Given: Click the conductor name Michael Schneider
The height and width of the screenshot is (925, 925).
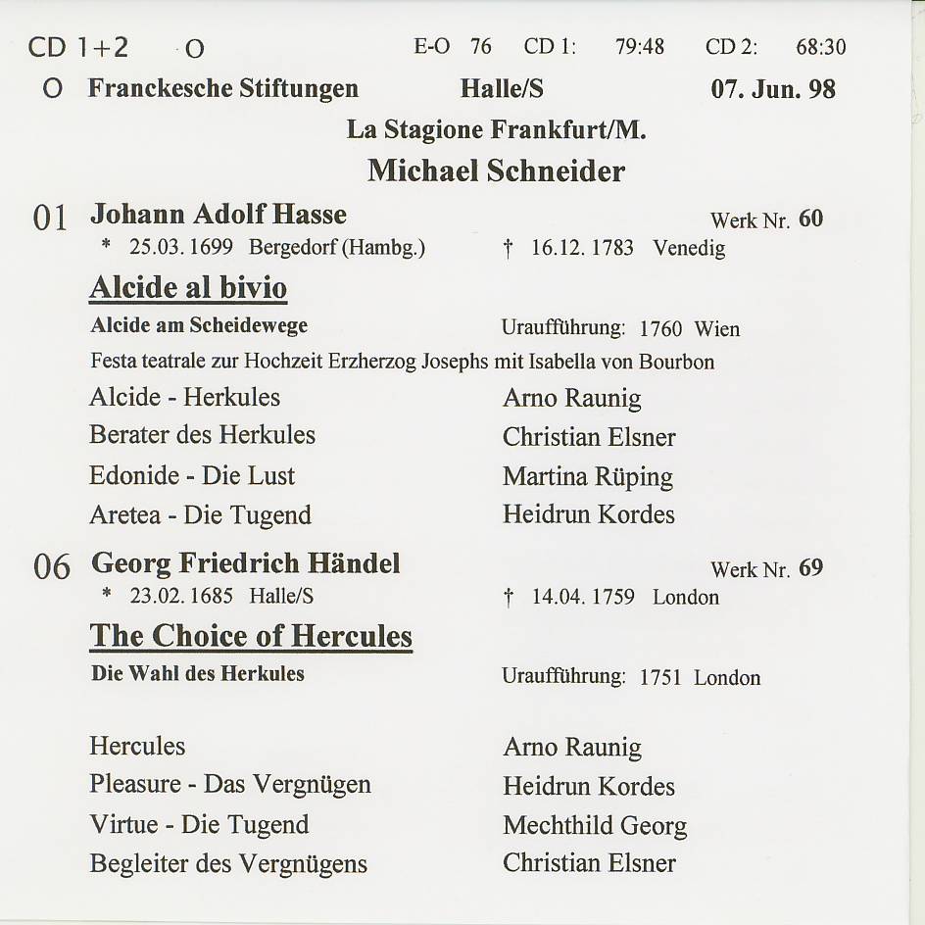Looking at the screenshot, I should (496, 170).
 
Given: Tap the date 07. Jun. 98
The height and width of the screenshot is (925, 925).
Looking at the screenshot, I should (773, 89).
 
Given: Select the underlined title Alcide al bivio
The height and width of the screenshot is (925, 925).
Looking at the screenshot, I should (188, 288).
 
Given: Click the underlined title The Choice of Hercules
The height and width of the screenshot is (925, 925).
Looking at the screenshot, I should (251, 636).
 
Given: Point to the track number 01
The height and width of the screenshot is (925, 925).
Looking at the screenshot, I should (50, 218).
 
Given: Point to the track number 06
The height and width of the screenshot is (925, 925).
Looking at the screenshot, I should (51, 566).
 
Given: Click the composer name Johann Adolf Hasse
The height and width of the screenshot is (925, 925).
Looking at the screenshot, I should (219, 214).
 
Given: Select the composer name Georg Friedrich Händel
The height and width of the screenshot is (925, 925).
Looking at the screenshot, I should (246, 563).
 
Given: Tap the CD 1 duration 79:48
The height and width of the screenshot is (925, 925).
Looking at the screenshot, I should (639, 47).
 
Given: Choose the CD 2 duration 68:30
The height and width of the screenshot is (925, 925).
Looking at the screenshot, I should (821, 47).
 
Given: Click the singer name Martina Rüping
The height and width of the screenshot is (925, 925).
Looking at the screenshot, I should (588, 477).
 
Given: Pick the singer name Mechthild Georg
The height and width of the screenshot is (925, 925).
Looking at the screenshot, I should (595, 826).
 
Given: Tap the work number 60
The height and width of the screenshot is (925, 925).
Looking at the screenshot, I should (811, 219).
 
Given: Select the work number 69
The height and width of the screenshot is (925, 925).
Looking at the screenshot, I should (811, 567).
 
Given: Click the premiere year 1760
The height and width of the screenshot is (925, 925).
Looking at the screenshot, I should (661, 329).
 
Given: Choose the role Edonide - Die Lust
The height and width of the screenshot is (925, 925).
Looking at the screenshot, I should (192, 476).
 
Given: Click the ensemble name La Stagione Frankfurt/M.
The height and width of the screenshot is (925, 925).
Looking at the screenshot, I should (496, 129).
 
